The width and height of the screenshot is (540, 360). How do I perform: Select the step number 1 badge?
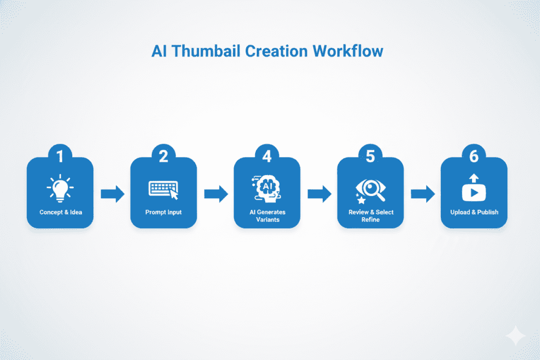pyautogui.click(x=60, y=156)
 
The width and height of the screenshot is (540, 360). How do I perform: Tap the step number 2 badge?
pyautogui.click(x=163, y=156)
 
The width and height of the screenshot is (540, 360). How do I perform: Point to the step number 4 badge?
pyautogui.click(x=267, y=156)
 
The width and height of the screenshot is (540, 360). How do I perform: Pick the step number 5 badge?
pyautogui.click(x=370, y=156)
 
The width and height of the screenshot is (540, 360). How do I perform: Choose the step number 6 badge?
pyautogui.click(x=474, y=156)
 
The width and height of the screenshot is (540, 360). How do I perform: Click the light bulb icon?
pyautogui.click(x=60, y=188)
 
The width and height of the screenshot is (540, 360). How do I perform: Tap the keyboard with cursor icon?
pyautogui.click(x=163, y=190)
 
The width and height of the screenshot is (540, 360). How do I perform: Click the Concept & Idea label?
pyautogui.click(x=60, y=212)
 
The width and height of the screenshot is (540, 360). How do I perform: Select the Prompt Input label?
pyautogui.click(x=163, y=212)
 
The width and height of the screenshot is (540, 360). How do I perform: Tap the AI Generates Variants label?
pyautogui.click(x=267, y=216)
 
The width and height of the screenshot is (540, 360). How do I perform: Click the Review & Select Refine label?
pyautogui.click(x=370, y=216)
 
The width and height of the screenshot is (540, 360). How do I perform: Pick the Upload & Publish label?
pyautogui.click(x=474, y=212)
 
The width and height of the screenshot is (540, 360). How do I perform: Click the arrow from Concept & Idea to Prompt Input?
pyautogui.click(x=112, y=194)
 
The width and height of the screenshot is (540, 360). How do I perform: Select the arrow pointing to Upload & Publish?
pyautogui.click(x=422, y=194)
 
